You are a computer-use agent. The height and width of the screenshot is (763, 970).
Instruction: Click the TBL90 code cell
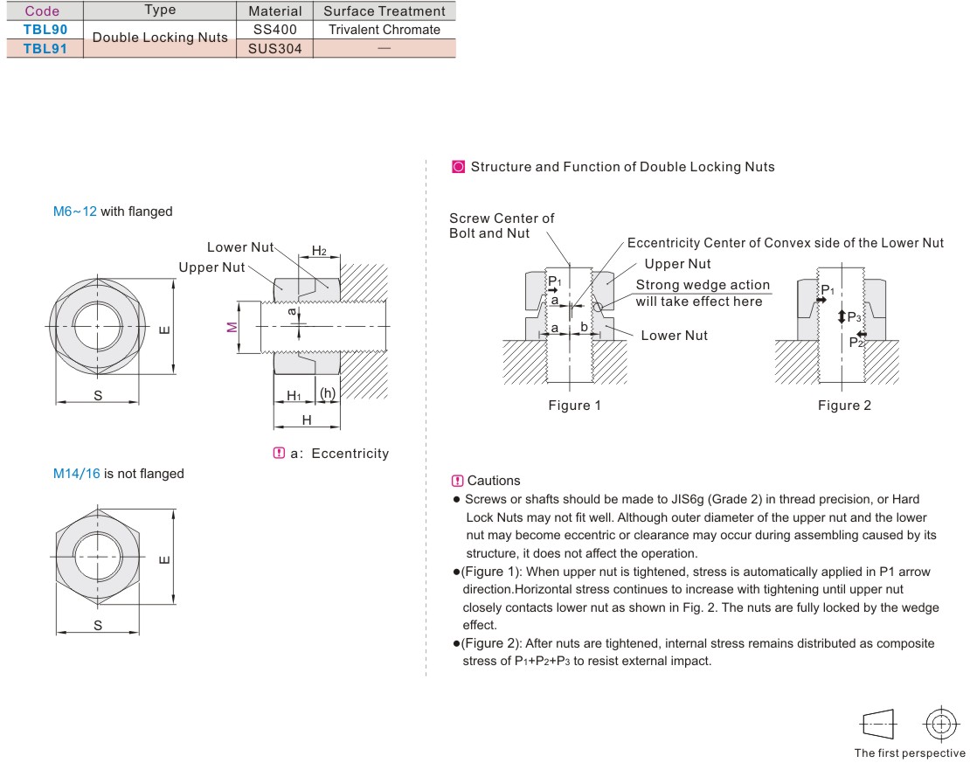click(45, 30)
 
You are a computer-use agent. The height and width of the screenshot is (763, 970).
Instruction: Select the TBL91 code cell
click(45, 48)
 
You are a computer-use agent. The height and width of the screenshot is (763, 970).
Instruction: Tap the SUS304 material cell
click(274, 48)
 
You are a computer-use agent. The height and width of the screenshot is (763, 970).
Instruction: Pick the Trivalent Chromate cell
click(384, 30)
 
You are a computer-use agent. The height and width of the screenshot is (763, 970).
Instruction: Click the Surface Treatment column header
click(384, 11)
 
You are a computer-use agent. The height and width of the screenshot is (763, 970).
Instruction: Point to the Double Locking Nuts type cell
click(160, 38)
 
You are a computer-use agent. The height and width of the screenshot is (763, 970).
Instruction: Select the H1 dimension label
click(294, 395)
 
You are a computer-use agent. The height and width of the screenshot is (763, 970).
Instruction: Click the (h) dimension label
click(328, 394)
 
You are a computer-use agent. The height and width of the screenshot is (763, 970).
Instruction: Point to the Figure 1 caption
click(574, 405)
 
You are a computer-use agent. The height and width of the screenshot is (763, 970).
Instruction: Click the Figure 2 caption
click(844, 405)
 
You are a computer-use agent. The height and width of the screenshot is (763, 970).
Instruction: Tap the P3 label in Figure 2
click(854, 317)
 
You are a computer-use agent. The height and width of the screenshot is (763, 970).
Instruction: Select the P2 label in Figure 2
click(856, 343)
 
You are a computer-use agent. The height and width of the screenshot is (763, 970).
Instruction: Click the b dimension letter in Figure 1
click(584, 327)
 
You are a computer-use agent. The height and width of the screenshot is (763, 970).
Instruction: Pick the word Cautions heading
click(494, 481)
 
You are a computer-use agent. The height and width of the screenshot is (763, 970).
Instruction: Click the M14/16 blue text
click(77, 474)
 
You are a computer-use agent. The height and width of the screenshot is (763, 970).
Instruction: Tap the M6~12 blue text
click(75, 212)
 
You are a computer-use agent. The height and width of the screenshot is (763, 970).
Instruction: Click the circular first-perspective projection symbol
click(940, 724)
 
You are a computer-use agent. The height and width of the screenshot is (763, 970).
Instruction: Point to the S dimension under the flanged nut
click(98, 395)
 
